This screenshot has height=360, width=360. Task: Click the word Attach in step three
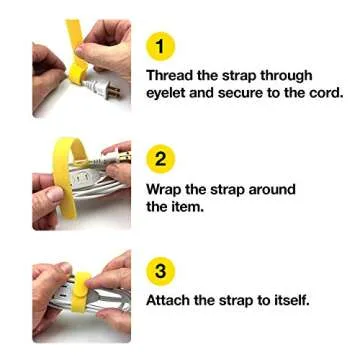pyautogui.click(x=170, y=299)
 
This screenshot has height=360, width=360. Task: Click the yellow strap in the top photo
pyautogui.click(x=74, y=45)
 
